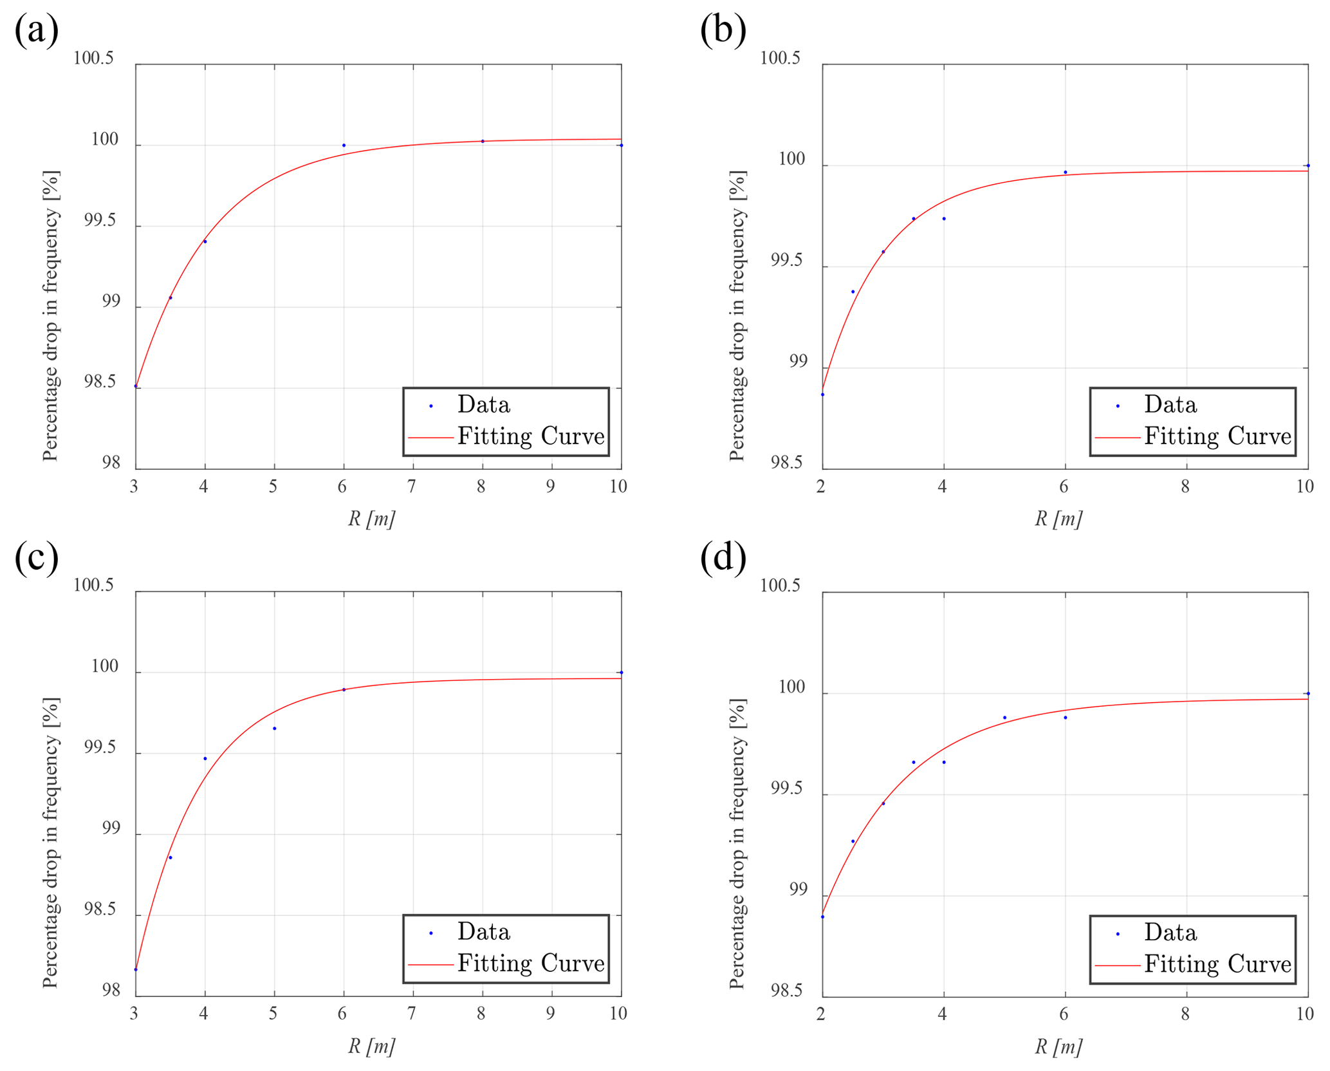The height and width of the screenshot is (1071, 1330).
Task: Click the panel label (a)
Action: (37, 30)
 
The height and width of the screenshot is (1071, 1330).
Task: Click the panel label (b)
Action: (723, 30)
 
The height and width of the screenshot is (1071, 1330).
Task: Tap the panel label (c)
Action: (37, 557)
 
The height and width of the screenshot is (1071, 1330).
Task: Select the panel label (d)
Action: (723, 557)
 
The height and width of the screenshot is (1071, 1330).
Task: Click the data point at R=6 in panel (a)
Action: (344, 145)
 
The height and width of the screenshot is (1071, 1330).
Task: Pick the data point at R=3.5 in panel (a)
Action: (171, 297)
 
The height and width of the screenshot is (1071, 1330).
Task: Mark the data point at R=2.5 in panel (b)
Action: (853, 292)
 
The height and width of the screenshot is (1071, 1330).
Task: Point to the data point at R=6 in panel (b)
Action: (1066, 172)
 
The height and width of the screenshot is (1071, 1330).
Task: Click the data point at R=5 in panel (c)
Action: (275, 728)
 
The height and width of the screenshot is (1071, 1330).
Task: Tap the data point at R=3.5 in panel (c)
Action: (171, 857)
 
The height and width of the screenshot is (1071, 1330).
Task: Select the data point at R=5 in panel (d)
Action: (1005, 717)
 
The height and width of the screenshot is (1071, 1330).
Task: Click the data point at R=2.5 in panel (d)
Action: (853, 841)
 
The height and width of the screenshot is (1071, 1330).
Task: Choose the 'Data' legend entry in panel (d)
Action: (1170, 932)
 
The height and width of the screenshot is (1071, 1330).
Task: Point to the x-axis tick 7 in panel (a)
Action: (412, 487)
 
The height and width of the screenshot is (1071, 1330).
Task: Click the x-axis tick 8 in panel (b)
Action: (1185, 487)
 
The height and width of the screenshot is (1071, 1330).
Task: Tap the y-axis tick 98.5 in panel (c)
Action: (102, 909)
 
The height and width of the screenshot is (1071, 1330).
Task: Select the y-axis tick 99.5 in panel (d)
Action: (788, 788)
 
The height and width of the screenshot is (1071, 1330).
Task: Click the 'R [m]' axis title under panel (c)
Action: (371, 1046)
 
